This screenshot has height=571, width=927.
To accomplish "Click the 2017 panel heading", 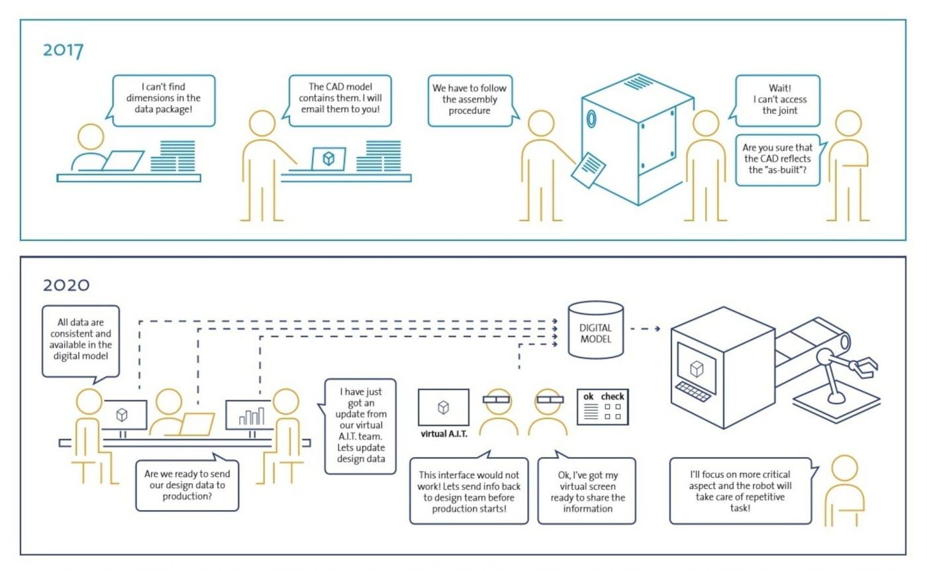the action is (63, 50).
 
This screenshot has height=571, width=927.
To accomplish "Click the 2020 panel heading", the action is (66, 285).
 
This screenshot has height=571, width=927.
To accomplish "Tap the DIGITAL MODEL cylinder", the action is (595, 330).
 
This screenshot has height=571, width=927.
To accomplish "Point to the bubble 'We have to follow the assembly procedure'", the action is (471, 101).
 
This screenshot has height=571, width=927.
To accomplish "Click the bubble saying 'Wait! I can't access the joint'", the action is (776, 101).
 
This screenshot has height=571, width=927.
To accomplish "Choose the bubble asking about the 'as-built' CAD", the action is (779, 160).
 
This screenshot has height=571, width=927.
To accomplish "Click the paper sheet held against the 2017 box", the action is (588, 170).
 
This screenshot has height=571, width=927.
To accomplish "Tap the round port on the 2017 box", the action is (591, 119).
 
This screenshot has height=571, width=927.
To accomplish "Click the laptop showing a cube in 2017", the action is (328, 159).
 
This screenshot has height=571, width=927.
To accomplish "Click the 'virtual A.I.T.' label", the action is (444, 434).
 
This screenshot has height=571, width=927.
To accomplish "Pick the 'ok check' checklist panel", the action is (603, 407).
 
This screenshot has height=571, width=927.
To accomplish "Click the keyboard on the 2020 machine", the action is (693, 391).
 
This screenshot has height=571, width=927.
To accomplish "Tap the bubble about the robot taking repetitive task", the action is (742, 491).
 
